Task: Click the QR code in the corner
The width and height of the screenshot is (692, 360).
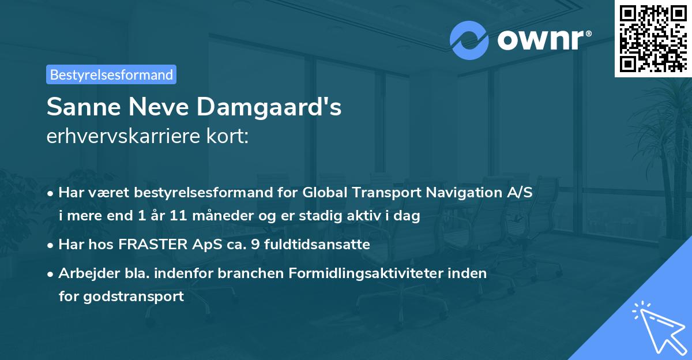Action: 653,38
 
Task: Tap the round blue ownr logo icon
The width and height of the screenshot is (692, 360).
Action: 469,39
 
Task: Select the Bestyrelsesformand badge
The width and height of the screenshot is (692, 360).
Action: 111,74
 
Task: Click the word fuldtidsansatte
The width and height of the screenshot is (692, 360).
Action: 317,245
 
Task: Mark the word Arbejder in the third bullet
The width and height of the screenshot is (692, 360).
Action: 84,273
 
